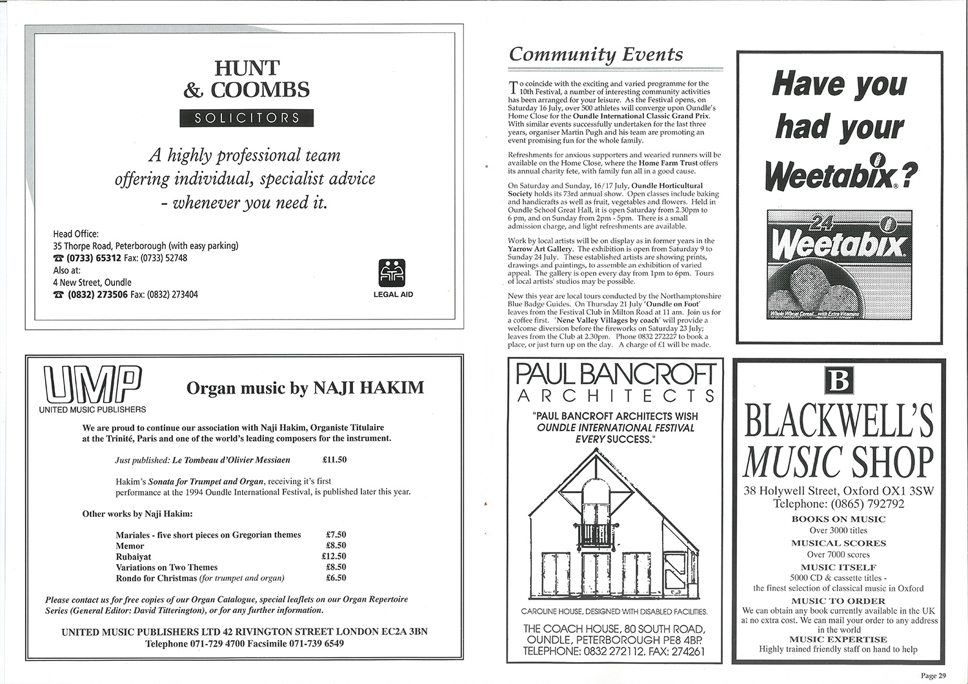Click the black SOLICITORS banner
[x=246, y=118]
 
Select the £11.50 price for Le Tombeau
[x=334, y=460]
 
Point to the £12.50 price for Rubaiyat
[x=334, y=556]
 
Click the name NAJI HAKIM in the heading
[x=368, y=388]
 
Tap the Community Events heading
[x=596, y=54]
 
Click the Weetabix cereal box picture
[x=840, y=265]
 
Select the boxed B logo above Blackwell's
[x=839, y=381]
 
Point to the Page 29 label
[x=933, y=676]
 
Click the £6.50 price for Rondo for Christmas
[x=336, y=578]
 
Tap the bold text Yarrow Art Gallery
[x=538, y=249]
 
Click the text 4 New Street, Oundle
[x=92, y=282]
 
